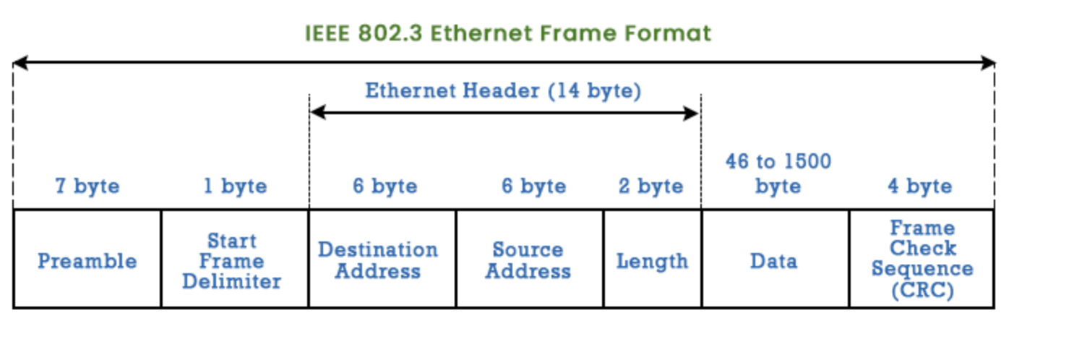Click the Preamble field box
(87, 260)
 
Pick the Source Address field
(529, 260)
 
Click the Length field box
(652, 260)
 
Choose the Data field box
(774, 260)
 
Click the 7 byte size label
(87, 187)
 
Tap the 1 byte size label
(235, 187)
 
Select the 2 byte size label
(650, 187)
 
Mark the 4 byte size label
(919, 187)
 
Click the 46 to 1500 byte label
(778, 173)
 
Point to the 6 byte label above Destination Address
(385, 187)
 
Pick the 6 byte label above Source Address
(533, 187)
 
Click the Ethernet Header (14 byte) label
(503, 91)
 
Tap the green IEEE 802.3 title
(508, 33)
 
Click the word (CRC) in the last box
(922, 291)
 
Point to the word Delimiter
(231, 281)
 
